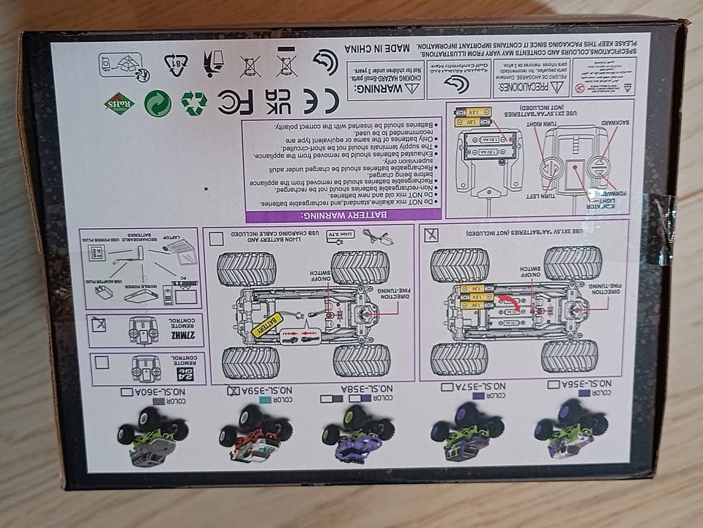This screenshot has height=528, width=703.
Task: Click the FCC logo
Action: point(236,103)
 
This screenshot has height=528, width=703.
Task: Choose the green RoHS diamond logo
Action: point(119,101)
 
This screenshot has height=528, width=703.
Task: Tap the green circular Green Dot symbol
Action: point(157,103)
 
